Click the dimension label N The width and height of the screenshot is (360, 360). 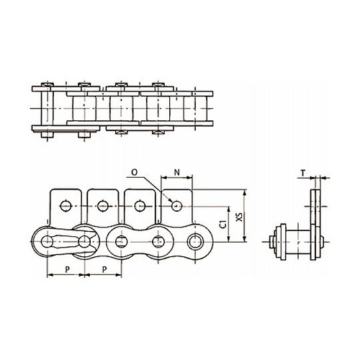176,172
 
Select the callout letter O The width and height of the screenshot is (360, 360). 135,172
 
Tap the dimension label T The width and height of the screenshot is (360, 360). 303,173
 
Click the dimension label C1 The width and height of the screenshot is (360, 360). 224,224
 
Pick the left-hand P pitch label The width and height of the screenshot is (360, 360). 67,269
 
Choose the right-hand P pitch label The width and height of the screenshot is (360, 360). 104,269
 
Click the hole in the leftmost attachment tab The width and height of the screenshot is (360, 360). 66,206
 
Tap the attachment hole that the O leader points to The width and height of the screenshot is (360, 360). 177,206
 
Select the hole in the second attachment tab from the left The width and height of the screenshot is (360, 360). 103,206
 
